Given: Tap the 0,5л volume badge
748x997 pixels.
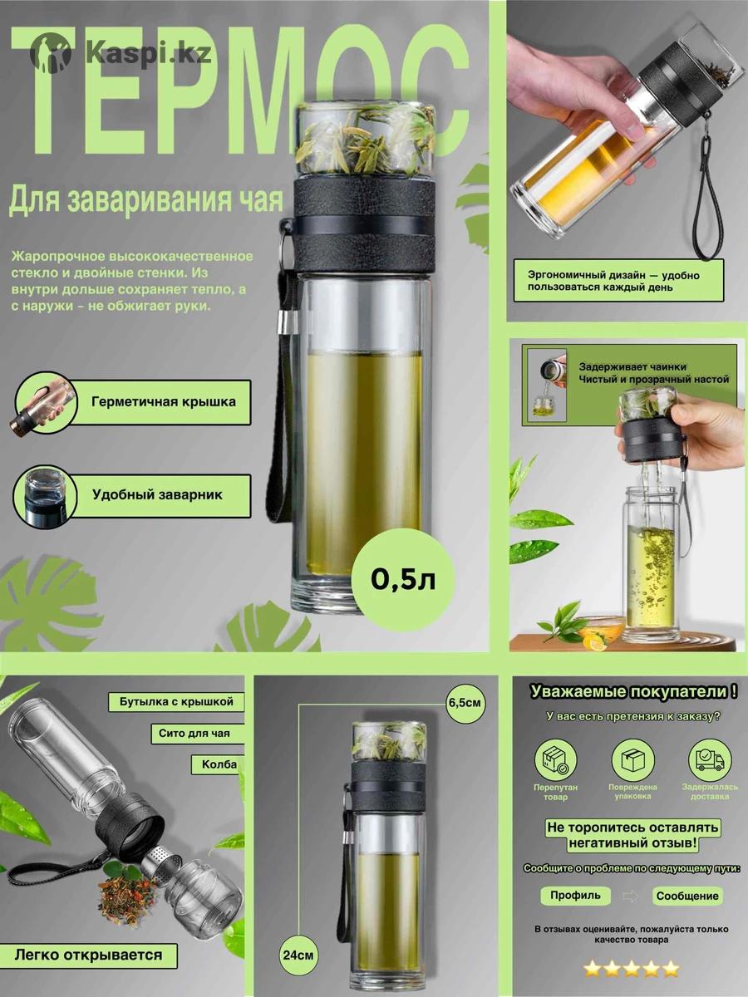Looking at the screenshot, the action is click(403, 580).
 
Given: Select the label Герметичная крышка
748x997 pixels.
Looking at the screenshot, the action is click(164, 402).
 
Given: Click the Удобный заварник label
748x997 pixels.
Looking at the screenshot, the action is click(158, 494).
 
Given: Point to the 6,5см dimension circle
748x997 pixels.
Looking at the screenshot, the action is click(465, 703).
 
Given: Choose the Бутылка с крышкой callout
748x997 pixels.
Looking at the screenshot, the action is click(176, 702).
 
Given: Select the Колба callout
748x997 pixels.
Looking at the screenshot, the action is click(217, 765).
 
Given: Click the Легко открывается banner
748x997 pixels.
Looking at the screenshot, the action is click(89, 942).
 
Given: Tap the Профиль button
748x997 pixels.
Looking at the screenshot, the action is click(575, 896).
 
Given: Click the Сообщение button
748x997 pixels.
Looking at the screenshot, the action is click(687, 896).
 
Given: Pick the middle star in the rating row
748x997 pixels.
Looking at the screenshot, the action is click(632, 970).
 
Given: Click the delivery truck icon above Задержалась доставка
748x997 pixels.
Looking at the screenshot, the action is click(710, 760).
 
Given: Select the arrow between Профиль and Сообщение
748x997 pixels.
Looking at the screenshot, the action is click(630, 896).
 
